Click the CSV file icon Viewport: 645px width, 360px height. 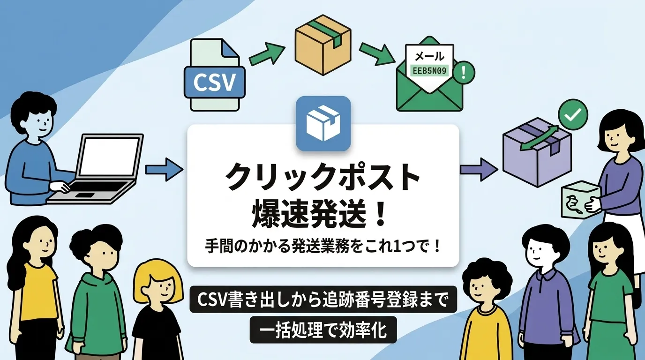[215, 76]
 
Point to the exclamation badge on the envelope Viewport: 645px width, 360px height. [465, 72]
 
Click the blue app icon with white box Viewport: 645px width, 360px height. [323, 123]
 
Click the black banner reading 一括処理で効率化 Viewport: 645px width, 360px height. [322, 330]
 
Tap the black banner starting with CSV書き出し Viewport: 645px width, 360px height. [322, 299]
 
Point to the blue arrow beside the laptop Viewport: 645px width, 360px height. [164, 169]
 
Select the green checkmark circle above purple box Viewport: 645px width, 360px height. [573, 113]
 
